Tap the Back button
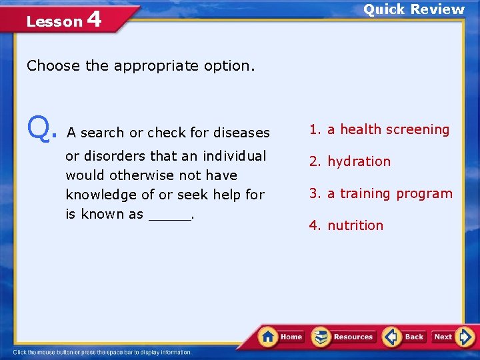coord(405,337)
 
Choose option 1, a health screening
coord(379,129)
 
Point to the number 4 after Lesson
coord(94,19)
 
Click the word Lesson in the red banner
coord(54,21)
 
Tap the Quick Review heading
coord(413,9)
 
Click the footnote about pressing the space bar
coord(102,352)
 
